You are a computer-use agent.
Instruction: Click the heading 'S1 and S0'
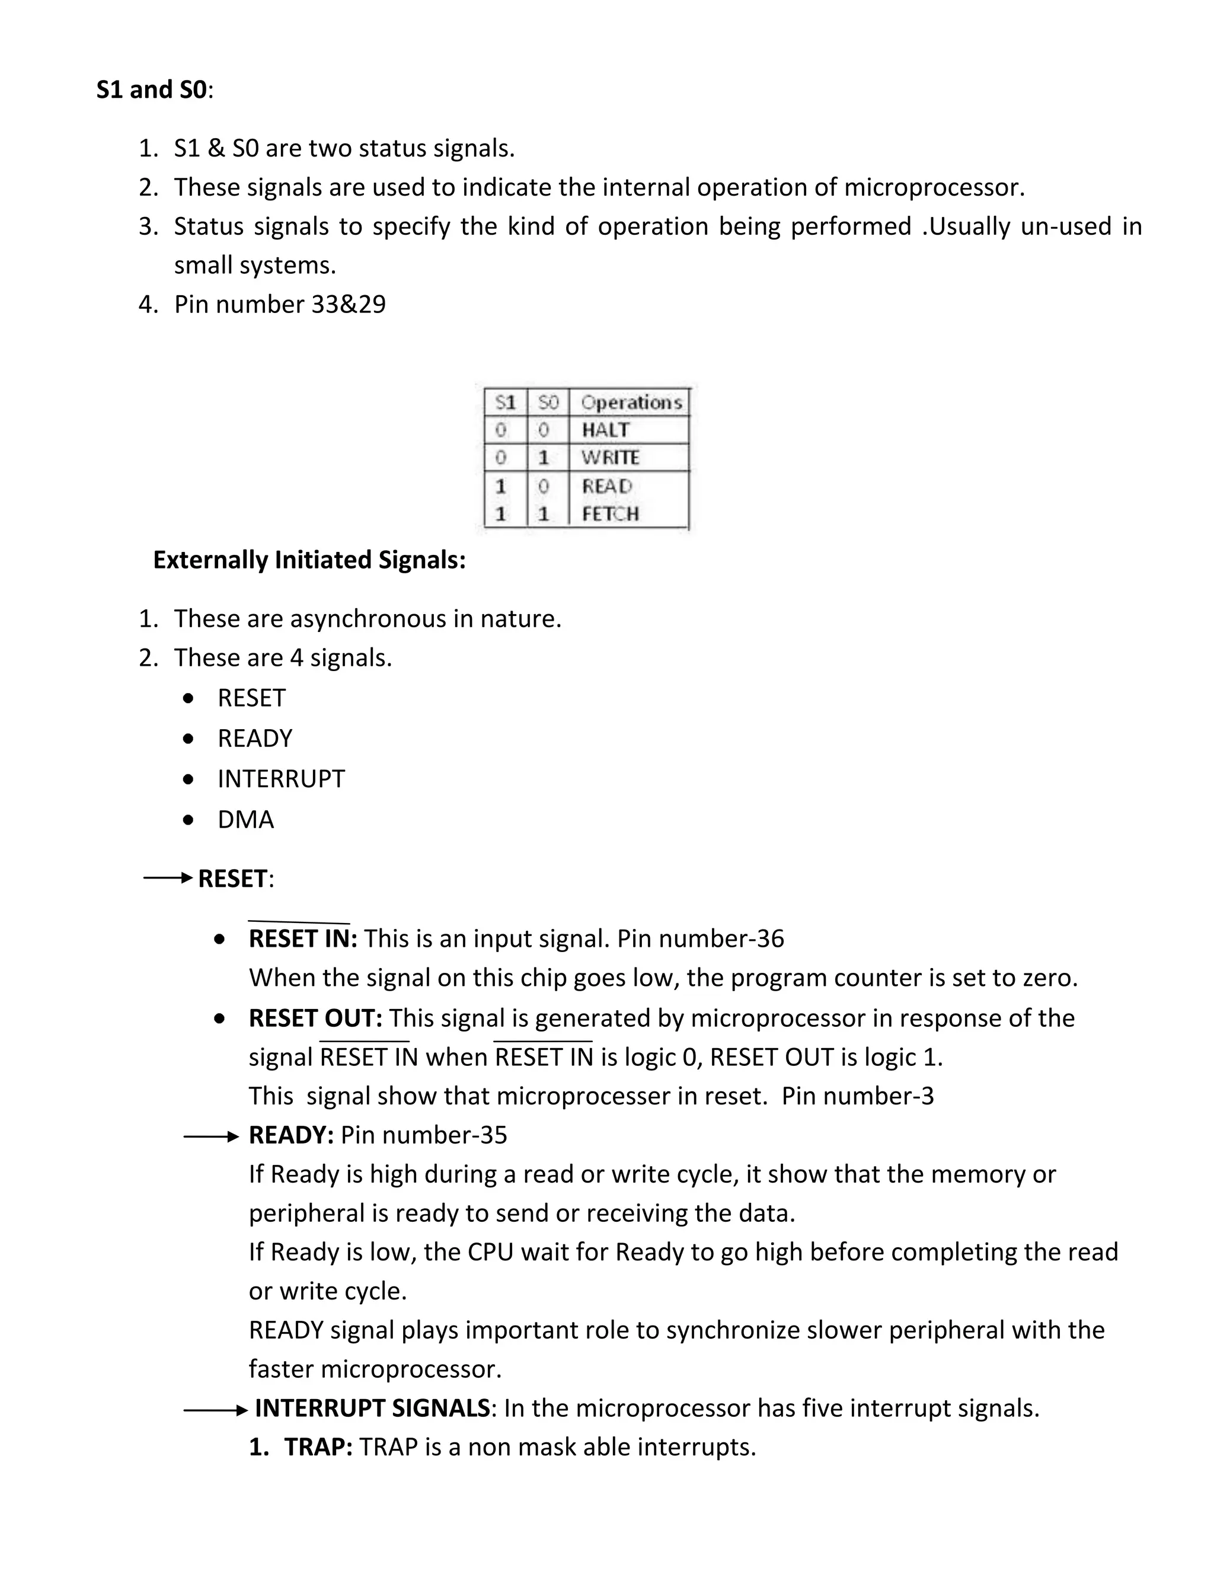(151, 90)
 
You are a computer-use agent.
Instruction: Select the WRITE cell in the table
(609, 458)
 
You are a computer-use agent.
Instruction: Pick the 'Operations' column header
(630, 402)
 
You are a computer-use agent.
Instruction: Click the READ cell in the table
(606, 486)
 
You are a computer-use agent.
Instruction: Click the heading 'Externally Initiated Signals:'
(309, 560)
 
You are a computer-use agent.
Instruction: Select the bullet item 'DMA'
(245, 819)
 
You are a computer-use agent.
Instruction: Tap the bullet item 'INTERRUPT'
(281, 779)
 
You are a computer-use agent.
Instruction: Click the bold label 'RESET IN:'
(303, 938)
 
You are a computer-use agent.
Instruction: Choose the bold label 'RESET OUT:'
(315, 1018)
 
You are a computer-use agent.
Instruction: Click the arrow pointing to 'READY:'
(210, 1136)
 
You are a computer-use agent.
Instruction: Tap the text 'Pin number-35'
(424, 1135)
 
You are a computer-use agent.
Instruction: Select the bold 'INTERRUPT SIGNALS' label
(372, 1408)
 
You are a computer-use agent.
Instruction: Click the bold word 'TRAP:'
(318, 1447)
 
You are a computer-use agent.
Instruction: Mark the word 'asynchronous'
(368, 618)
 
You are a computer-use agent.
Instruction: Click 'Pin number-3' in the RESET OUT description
(857, 1096)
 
